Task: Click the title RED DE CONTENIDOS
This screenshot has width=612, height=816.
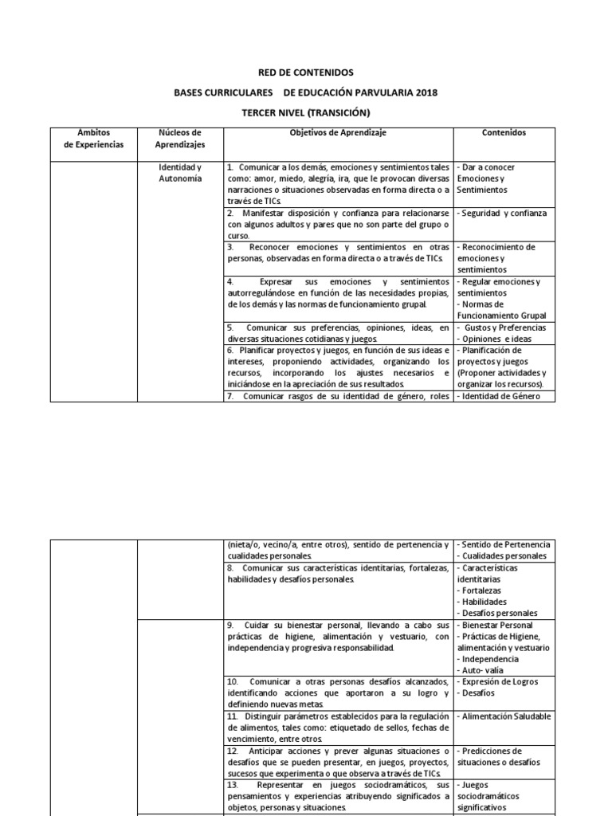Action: (x=306, y=73)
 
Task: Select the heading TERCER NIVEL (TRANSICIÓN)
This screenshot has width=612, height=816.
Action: (x=306, y=113)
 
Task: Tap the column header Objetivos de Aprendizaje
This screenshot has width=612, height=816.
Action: (x=338, y=133)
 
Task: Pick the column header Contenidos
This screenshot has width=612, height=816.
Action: (x=504, y=133)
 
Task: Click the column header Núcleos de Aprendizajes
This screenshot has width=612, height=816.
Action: (x=181, y=139)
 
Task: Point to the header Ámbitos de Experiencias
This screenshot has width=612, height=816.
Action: (x=95, y=139)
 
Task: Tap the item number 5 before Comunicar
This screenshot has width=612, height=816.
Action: (x=229, y=328)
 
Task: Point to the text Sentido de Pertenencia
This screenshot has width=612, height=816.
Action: (x=504, y=544)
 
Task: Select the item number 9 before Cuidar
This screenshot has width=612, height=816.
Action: (x=229, y=626)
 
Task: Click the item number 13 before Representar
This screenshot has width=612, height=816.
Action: (x=232, y=785)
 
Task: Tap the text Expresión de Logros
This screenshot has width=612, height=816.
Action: (x=501, y=682)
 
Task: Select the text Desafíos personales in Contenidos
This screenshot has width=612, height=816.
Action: (x=500, y=613)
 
